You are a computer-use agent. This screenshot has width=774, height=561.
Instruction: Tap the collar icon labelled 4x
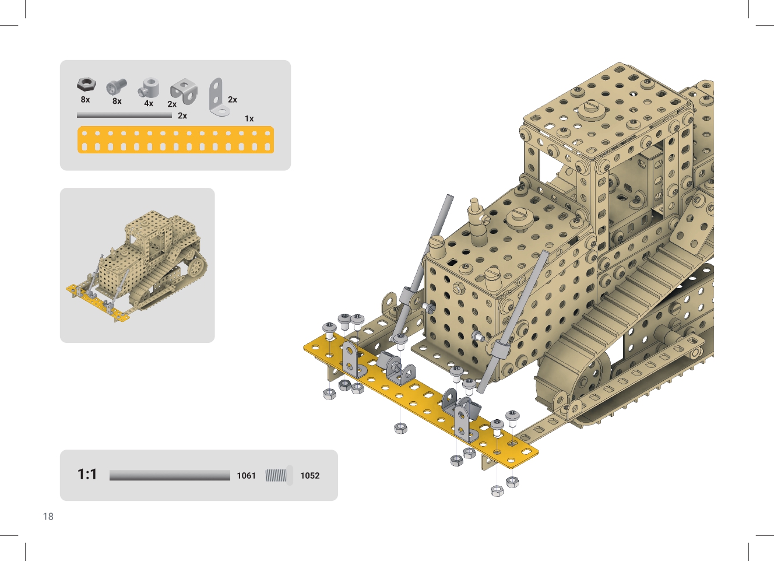(149, 88)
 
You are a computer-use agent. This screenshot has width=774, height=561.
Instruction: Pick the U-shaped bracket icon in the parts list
(184, 92)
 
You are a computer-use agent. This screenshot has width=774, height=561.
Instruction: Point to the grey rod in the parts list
(124, 115)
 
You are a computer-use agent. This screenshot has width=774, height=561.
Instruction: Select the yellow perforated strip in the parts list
(176, 140)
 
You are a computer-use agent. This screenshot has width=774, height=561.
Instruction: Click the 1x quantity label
(249, 119)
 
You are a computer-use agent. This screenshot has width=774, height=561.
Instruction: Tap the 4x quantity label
(149, 103)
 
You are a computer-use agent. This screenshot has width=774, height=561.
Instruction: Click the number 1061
(246, 476)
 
